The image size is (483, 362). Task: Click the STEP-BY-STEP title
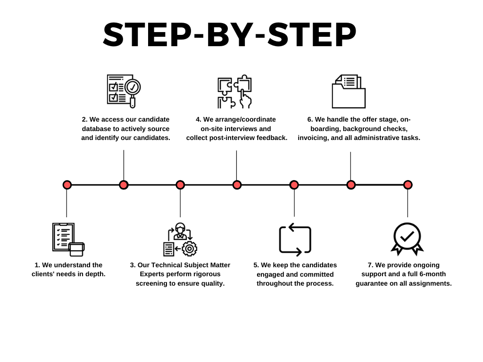(230, 35)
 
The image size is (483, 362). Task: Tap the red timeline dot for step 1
(67, 185)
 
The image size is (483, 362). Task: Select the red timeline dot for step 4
(237, 185)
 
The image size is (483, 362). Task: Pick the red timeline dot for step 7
(408, 185)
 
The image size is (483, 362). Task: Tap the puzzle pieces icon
(234, 91)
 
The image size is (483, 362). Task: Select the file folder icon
(349, 91)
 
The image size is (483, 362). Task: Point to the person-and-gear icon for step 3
(180, 239)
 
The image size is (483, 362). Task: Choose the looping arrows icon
(295, 239)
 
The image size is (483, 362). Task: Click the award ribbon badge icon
(407, 239)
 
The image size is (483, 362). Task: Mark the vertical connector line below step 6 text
(350, 166)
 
